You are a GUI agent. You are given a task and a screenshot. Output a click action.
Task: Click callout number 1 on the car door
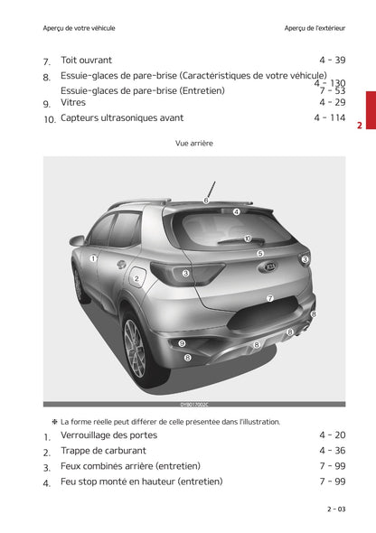pos(93,258)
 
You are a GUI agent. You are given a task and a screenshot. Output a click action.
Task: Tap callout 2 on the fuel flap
pos(136,279)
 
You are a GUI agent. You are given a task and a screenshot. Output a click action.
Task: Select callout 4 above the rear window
pos(236,212)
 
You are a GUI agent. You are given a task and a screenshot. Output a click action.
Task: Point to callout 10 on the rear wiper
pos(247,239)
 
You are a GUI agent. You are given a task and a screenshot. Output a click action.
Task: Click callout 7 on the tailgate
pos(269,298)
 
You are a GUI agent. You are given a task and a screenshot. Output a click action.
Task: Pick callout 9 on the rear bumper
pos(182,343)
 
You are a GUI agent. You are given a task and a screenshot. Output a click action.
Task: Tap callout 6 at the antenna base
pos(206,200)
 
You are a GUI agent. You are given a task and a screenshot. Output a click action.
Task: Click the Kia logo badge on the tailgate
pos(268,269)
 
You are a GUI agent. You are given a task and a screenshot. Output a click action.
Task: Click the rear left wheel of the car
pos(135,348)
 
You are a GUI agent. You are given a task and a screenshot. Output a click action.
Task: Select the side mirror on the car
pos(77,240)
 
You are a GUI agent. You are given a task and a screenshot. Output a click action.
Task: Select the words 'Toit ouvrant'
pos(86,61)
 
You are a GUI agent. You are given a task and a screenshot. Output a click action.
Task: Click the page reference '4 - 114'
pos(330,118)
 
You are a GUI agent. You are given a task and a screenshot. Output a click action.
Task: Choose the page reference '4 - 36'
pos(332,451)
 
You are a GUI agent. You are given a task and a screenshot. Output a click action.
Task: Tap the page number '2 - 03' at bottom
pos(335,510)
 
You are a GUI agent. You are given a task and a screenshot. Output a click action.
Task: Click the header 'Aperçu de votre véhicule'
pos(79,28)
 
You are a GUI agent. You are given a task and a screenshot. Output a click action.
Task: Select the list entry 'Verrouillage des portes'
pos(108,435)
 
